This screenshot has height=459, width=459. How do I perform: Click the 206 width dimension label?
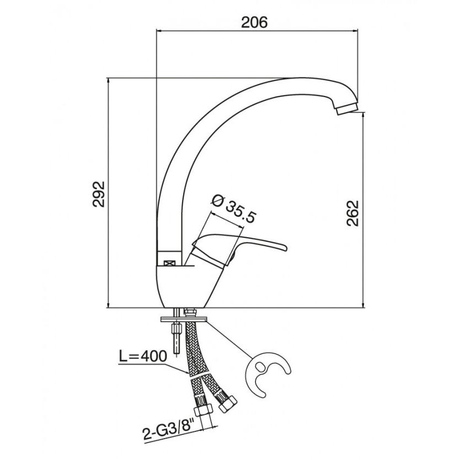tap(254, 22)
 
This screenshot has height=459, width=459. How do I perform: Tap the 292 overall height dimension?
tap(99, 194)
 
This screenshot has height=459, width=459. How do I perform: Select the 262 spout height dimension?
tap(353, 213)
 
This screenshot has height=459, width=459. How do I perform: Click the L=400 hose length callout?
tap(143, 356)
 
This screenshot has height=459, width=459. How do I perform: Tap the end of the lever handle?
tap(285, 248)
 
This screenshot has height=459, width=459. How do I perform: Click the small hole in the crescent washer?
tap(260, 366)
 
